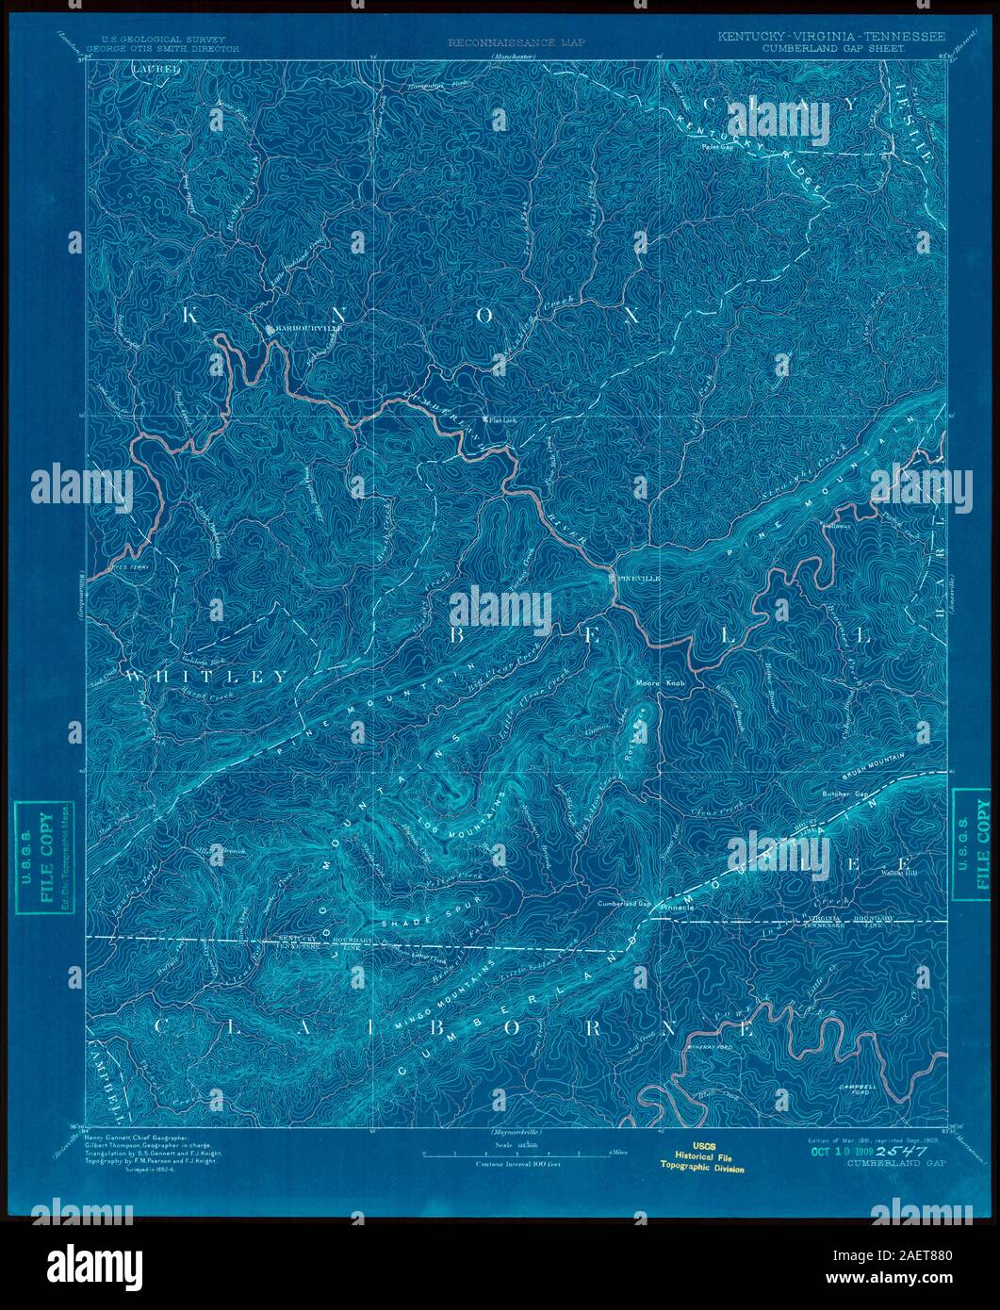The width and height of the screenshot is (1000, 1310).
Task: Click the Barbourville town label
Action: tap(294, 329)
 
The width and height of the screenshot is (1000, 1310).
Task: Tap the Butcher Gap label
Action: tap(845, 794)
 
